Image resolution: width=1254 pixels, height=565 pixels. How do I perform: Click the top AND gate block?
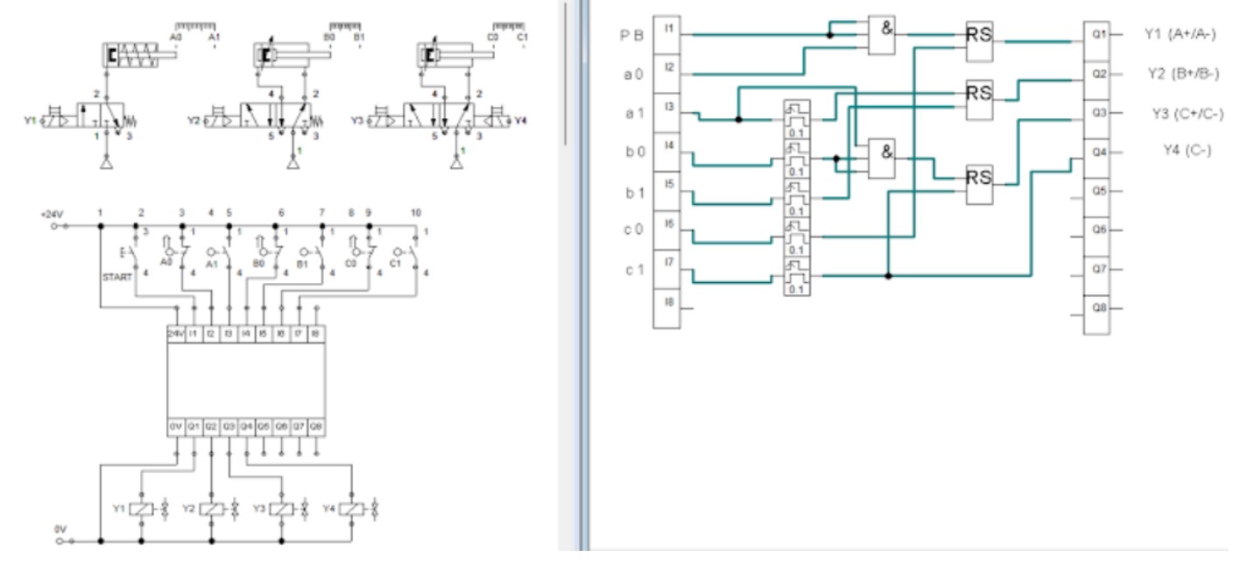tap(882, 36)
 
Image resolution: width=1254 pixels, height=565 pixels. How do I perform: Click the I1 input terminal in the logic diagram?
tap(667, 28)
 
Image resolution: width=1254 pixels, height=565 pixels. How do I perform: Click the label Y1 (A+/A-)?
tap(1180, 34)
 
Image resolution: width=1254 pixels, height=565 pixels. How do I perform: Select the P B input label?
tap(633, 36)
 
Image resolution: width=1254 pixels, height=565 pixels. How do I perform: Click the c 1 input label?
tap(634, 269)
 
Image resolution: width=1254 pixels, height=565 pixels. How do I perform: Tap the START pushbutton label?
tap(116, 278)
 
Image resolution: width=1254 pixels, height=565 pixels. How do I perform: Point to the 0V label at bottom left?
tap(60, 530)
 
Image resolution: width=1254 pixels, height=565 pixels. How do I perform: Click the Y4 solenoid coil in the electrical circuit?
tap(351, 508)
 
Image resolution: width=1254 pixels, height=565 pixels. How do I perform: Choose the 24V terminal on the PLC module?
tap(176, 334)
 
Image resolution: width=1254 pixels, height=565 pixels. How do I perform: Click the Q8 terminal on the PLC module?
tap(316, 427)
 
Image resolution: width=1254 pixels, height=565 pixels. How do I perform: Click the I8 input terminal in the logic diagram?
tap(667, 301)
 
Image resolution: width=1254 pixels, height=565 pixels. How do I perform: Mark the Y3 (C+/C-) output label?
tap(1187, 113)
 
